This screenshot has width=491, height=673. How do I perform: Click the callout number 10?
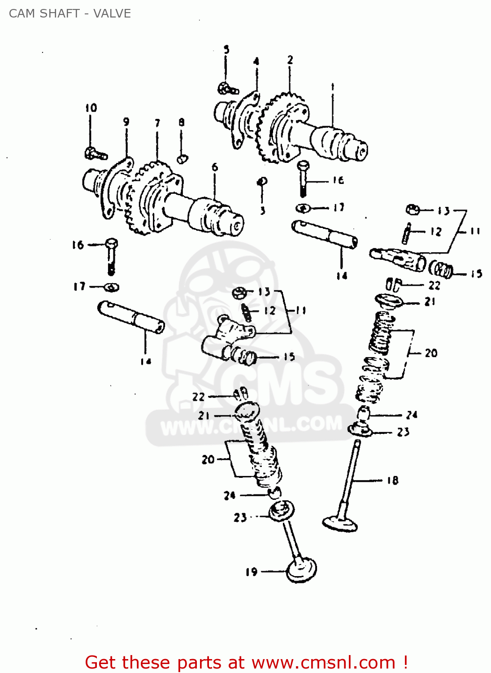coord(91,108)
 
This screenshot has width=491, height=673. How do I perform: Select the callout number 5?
coord(226,50)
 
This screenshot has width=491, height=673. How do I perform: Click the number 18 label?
coord(392,481)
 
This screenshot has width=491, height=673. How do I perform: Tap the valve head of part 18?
coord(340,523)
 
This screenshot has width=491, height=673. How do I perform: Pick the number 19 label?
coord(252,572)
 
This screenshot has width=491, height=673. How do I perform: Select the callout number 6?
coord(215,167)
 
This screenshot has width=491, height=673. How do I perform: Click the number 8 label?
coord(182,122)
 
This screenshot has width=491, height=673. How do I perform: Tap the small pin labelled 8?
coord(182,158)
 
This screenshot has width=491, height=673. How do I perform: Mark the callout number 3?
coord(263,210)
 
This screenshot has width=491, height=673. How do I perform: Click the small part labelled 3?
coord(262,181)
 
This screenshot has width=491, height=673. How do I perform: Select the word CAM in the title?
coord(21,13)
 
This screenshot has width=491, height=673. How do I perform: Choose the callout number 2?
coord(290,60)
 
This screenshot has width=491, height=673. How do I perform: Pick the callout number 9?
coord(126,122)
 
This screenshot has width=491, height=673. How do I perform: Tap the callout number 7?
coord(157,122)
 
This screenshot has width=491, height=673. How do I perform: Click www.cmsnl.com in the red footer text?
coord(323,663)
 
